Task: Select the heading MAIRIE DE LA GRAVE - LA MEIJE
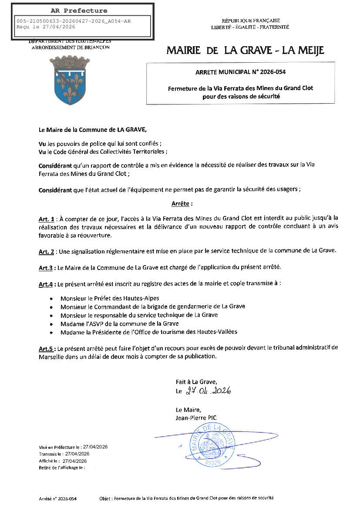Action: click(245, 51)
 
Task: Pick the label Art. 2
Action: click(46, 252)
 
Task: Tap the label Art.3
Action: click(46, 267)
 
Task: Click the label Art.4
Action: click(46, 284)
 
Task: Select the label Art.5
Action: click(46, 348)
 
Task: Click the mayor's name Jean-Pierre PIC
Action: click(196, 418)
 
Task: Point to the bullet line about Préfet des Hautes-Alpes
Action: click(110, 298)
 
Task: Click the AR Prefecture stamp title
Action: click(79, 10)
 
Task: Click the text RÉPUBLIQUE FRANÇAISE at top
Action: click(250, 20)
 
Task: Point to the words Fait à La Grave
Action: click(196, 381)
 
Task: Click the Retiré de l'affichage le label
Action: click(61, 467)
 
